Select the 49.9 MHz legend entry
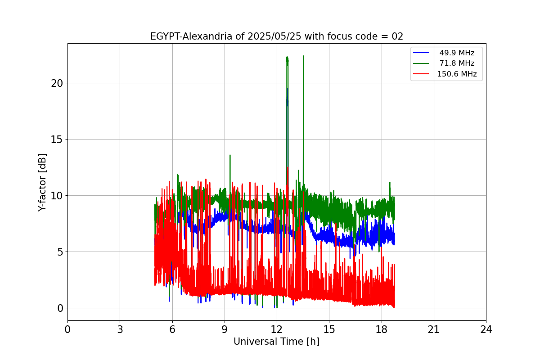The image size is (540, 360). tap(457, 53)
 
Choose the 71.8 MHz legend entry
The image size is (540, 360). tap(457, 63)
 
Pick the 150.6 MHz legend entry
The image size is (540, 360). tap(457, 74)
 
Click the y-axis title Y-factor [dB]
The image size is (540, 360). tap(42, 182)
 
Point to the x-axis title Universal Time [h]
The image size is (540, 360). tap(276, 342)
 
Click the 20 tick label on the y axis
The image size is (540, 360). tap(57, 83)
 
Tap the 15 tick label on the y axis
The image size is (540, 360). tap(57, 139)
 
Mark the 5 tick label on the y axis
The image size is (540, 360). tap(60, 252)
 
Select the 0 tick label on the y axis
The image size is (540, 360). tap(60, 308)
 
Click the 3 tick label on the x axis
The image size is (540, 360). tap(120, 329)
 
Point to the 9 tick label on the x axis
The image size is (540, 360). tap(225, 329)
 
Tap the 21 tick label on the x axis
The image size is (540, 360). tap(433, 329)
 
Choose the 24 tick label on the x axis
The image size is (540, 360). tap(486, 329)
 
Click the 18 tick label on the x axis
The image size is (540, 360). tap(381, 329)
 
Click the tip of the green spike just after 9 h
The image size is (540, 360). tap(230, 155)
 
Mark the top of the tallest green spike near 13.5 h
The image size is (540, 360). tap(303, 56)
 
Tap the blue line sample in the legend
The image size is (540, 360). tap(422, 53)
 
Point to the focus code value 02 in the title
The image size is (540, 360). tap(397, 36)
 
